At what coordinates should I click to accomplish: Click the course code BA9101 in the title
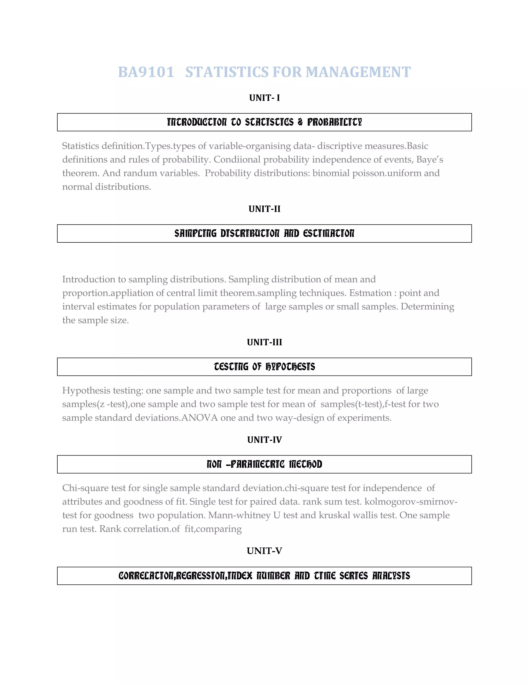tap(146, 72)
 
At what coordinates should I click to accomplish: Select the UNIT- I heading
tap(264, 98)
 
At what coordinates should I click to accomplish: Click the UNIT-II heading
tap(264, 209)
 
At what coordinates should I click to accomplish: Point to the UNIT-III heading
tap(264, 342)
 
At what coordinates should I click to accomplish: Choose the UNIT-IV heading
tap(264, 440)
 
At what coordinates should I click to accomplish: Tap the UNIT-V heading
tap(264, 551)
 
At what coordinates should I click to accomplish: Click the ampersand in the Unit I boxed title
tap(300, 122)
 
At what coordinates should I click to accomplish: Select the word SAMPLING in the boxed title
tap(195, 234)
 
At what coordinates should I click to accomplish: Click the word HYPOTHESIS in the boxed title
tap(290, 367)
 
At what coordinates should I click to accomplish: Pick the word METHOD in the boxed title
tap(305, 464)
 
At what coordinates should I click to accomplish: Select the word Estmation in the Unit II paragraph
tap(370, 293)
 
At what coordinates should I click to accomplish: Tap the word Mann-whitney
tap(239, 515)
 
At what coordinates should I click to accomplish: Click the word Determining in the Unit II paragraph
tap(427, 307)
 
